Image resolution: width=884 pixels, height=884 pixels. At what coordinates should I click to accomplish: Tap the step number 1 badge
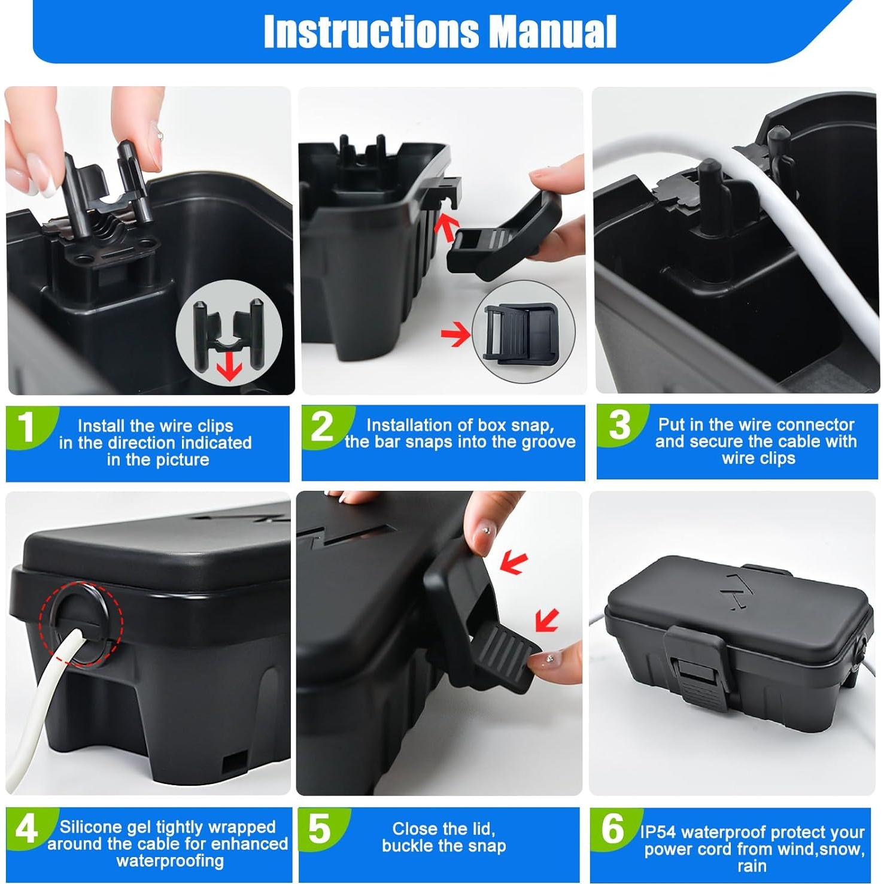pos(26,427)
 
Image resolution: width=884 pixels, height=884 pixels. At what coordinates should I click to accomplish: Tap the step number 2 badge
pos(323,426)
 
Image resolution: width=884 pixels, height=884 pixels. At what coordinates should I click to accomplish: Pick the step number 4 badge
pos(26,830)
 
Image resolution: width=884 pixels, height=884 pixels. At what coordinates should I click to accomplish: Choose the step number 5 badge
pos(320,829)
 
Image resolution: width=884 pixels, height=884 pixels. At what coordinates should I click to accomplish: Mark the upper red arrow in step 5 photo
pos(514,563)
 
